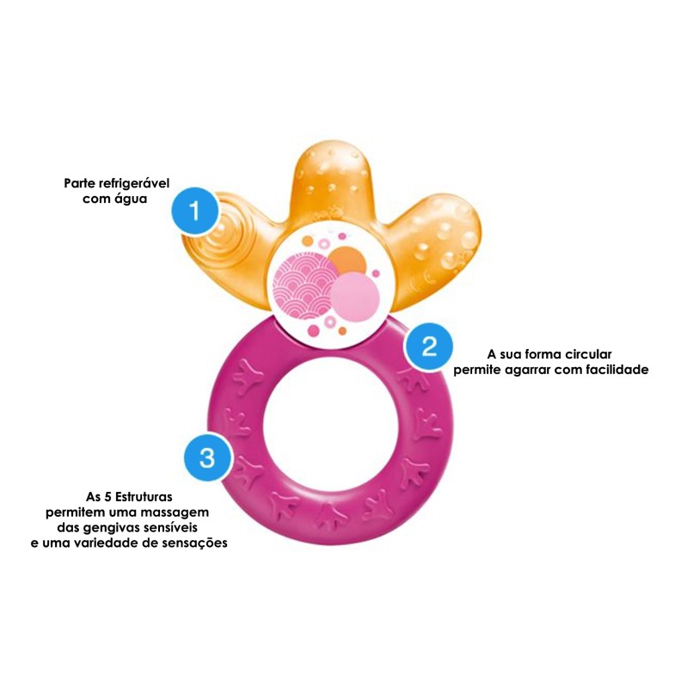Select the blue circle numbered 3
207,456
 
